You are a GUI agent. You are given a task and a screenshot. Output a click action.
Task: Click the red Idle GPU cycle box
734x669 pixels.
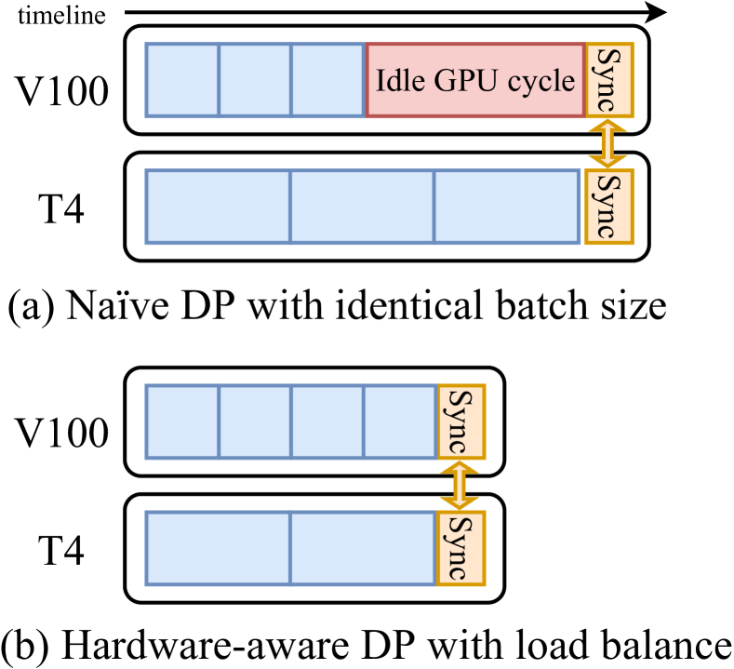pos(475,80)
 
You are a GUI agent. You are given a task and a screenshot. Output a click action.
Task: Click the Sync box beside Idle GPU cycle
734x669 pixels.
pos(609,80)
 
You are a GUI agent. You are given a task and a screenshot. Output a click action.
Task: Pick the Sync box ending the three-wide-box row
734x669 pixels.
pos(609,207)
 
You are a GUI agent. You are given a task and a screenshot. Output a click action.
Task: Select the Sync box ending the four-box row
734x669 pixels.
pos(461,421)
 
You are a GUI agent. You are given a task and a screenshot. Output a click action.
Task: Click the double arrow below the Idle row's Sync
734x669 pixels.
pos(609,143)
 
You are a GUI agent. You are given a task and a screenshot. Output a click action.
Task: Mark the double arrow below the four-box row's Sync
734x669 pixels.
pos(461,485)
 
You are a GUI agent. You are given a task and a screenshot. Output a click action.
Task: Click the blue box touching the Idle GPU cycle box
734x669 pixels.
pos(327,80)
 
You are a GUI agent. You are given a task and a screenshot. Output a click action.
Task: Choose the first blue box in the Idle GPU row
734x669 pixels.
pos(182,80)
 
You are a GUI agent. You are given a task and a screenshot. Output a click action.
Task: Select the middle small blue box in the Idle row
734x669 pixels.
pos(255,80)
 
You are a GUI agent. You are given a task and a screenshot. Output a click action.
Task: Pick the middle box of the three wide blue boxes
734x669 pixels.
pos(362,207)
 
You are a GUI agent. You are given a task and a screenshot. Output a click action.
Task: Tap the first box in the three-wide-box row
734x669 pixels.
pos(218,207)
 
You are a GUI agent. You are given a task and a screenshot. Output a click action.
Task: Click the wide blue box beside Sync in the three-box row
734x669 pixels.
pos(507,207)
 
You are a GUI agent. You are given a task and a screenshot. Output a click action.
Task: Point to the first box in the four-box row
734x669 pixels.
pos(182,421)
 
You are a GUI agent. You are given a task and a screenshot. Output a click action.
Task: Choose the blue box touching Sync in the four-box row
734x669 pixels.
pos(400,421)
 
